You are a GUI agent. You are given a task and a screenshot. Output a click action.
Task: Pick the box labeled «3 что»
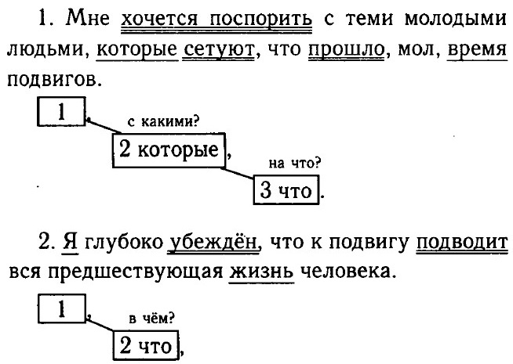coord(287,190)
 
